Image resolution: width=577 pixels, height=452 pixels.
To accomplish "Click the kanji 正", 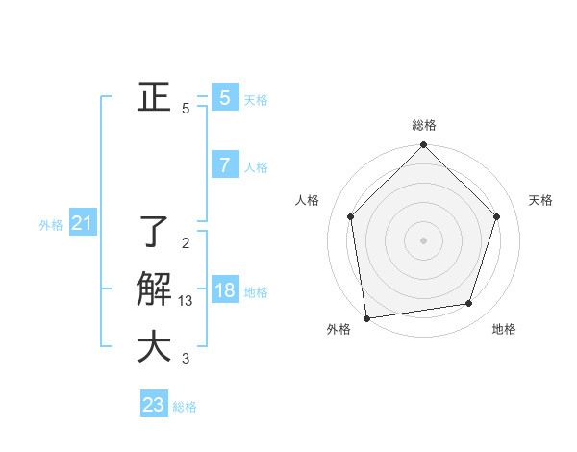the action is click(154, 97).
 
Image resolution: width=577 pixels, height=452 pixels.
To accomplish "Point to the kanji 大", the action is click(154, 347).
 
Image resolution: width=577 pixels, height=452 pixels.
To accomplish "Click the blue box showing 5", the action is click(224, 97).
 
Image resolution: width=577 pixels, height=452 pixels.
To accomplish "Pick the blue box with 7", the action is click(224, 165).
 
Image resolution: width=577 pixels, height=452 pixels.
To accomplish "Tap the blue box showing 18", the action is click(224, 290).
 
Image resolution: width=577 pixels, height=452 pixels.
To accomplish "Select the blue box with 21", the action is click(82, 224).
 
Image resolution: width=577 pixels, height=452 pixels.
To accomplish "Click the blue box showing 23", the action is click(154, 405).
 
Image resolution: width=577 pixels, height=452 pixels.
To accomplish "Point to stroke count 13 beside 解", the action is click(186, 301).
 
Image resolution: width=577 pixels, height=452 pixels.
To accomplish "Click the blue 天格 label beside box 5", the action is click(255, 100).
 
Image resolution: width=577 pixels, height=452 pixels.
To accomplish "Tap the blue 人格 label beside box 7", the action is click(256, 167).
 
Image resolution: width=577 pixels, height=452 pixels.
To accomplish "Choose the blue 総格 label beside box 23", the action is click(185, 407).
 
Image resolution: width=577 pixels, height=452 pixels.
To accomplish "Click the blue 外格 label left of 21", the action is click(51, 226).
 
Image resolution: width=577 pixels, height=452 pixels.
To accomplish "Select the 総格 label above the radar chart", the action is click(423, 125).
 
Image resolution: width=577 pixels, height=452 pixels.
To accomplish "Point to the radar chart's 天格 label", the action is click(541, 200).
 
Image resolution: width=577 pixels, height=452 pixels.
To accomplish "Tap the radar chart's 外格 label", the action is click(339, 329).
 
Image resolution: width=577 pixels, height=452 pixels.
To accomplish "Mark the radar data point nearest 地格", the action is click(469, 304).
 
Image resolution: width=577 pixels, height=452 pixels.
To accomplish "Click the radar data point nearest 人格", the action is click(350, 216).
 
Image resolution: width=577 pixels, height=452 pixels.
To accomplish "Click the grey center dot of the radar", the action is click(423, 239).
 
